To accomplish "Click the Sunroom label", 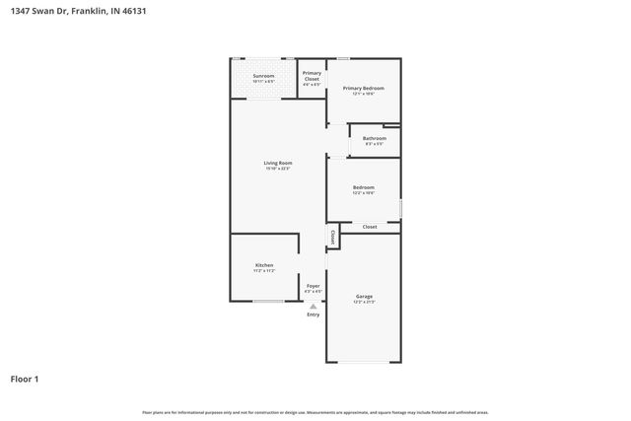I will pos(263,76).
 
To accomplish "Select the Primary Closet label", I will pos(312,73).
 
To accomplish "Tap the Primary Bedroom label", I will pos(363,89).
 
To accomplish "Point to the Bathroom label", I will pos(374,138).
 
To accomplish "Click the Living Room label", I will pos(277,163).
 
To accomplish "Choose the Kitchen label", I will pos(264,265).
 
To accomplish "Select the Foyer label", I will pos(313,286).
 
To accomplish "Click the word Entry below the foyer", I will pos(313,315).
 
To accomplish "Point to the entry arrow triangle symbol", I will pos(313,306).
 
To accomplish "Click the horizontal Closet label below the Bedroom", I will pos(370,227).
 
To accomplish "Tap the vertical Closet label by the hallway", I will pos(333,238).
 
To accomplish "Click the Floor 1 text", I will pos(25,379).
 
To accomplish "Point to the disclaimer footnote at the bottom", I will pos(315,412).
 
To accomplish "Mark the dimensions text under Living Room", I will pos(277,169).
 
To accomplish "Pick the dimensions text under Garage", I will pos(363,302).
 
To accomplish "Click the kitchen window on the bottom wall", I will pos(268,301).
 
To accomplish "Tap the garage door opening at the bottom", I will pos(363,362).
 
